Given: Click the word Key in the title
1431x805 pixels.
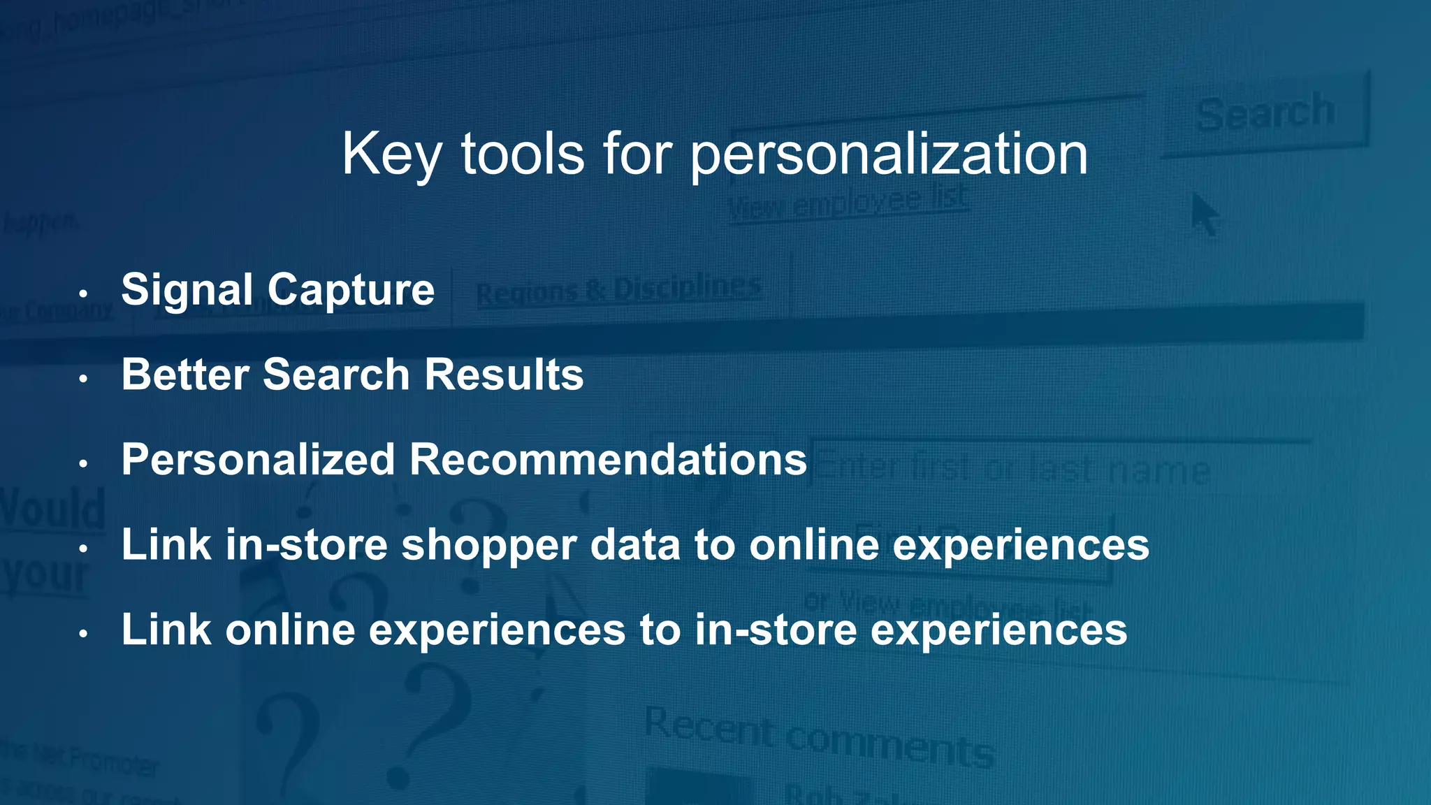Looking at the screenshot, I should tap(391, 154).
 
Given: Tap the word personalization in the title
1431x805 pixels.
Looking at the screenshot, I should tap(889, 154).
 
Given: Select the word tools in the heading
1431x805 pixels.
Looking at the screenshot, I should tap(522, 154).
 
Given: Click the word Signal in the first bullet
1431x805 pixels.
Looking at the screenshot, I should tap(187, 290).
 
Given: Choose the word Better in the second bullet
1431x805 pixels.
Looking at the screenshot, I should tap(184, 375).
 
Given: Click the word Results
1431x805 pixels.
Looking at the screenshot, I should tap(504, 375).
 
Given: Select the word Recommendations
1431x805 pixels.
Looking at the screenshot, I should tap(608, 460).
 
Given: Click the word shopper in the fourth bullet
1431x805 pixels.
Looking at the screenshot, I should tap(488, 545).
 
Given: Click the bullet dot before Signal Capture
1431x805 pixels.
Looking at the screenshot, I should tap(83, 293).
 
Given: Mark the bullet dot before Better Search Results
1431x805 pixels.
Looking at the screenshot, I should tap(83, 379).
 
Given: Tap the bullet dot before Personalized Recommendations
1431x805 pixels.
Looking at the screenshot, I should tap(83, 464).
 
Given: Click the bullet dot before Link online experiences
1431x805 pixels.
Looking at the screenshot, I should tap(83, 634).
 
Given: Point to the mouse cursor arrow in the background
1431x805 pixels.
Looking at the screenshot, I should tap(1204, 215).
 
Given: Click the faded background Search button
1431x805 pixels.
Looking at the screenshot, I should tap(1265, 114).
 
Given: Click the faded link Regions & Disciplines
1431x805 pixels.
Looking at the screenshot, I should tap(618, 291).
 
